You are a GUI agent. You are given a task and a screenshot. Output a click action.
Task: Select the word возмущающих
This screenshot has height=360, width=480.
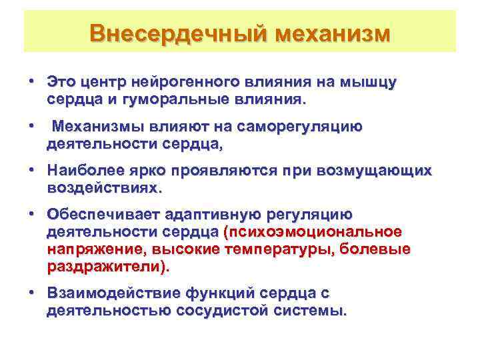[x=378, y=171]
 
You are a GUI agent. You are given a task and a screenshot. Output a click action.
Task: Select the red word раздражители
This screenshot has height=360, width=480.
[x=105, y=266]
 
